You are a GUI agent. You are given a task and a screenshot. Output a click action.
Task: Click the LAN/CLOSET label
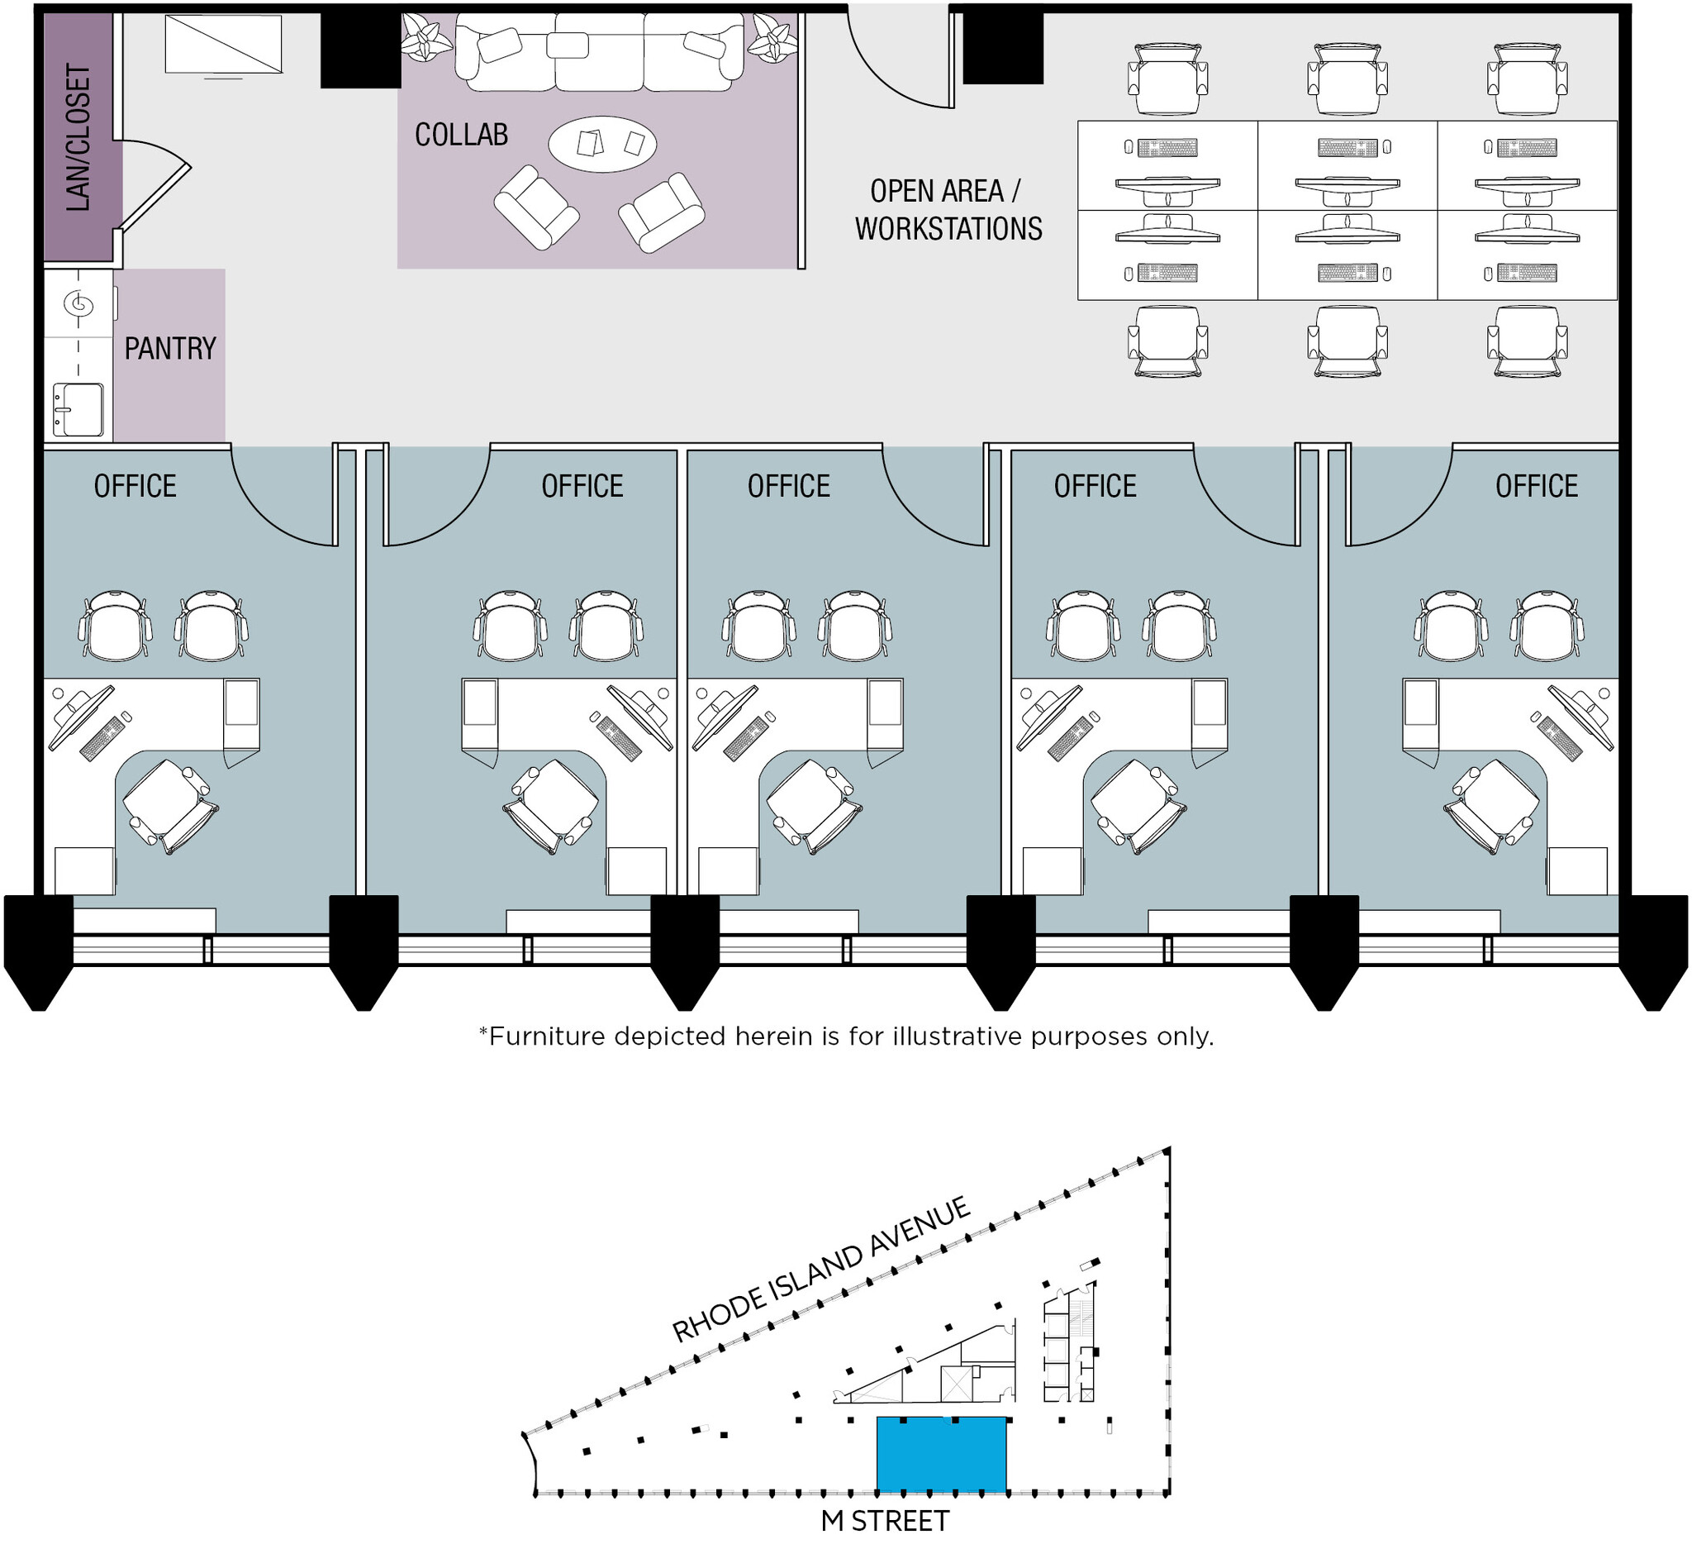click(x=77, y=138)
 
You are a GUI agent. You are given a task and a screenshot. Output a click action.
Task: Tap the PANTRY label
click(x=170, y=349)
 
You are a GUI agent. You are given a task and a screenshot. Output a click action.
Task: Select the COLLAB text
click(x=461, y=135)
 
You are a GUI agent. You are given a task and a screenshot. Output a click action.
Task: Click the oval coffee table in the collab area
click(x=601, y=145)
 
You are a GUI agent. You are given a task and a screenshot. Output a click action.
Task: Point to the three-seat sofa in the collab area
click(x=598, y=53)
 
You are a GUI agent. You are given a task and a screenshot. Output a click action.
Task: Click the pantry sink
click(x=77, y=410)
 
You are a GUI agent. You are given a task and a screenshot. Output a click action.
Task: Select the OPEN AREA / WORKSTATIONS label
click(x=948, y=210)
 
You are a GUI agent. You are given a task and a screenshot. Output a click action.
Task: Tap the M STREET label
click(x=884, y=1521)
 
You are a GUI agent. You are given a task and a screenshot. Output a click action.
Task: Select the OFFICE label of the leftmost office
click(x=135, y=486)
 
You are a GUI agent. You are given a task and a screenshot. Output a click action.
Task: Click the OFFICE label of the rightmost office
click(x=1536, y=486)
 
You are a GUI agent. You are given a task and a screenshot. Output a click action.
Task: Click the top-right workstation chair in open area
click(x=1527, y=79)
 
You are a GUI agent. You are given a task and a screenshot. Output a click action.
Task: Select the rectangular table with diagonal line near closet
click(x=222, y=45)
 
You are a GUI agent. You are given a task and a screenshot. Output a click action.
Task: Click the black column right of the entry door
click(x=1002, y=47)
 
